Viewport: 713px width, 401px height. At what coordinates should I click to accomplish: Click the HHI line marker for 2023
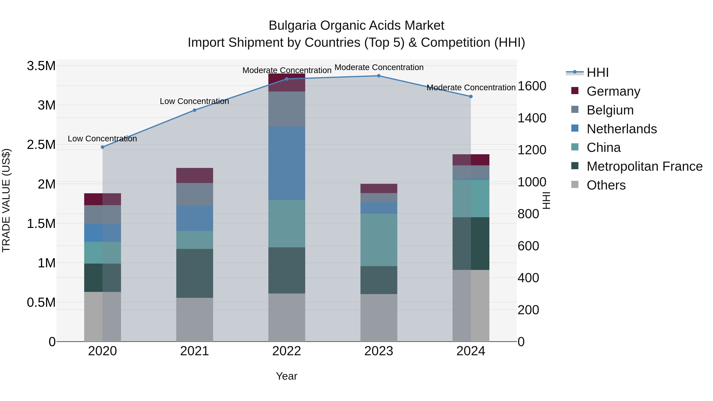coord(379,76)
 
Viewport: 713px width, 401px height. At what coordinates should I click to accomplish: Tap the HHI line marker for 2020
coord(102,147)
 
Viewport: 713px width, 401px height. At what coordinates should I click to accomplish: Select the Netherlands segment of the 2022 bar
coord(287,163)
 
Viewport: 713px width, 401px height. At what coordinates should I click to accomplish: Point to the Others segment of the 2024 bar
coord(471,306)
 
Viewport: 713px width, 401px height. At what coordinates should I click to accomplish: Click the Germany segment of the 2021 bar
coord(194,175)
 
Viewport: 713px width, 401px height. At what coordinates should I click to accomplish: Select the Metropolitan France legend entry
coord(644,166)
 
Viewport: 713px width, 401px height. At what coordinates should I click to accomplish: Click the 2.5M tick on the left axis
coord(41,145)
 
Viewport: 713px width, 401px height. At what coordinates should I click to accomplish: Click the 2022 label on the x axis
coord(286,351)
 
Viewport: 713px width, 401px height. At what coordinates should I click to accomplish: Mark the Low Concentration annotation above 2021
coord(194,101)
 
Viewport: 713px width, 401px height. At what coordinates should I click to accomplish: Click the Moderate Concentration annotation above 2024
coord(471,88)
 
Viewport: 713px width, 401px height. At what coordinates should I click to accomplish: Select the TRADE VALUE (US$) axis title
coord(6,200)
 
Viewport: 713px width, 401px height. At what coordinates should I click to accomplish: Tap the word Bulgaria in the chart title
coord(292,26)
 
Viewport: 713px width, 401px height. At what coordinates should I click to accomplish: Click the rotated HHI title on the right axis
coord(546,200)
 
